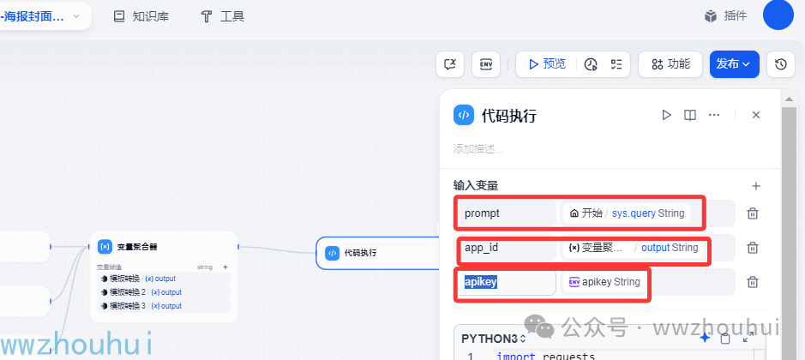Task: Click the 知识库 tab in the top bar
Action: click(143, 16)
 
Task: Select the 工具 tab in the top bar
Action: click(222, 16)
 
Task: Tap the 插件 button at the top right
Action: click(725, 16)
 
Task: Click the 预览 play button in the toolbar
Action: click(547, 64)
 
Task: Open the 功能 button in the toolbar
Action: click(670, 64)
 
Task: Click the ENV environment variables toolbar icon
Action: click(486, 64)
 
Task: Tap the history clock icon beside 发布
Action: click(780, 64)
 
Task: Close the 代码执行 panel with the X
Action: click(755, 115)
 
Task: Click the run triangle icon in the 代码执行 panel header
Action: click(666, 115)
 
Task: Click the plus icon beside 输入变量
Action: click(755, 185)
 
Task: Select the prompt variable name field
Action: click(507, 213)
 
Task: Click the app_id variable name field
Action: click(507, 248)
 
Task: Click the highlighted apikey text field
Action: click(506, 282)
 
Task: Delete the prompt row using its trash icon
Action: click(752, 213)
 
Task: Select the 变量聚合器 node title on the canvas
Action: click(136, 247)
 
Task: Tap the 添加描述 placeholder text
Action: click(478, 149)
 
